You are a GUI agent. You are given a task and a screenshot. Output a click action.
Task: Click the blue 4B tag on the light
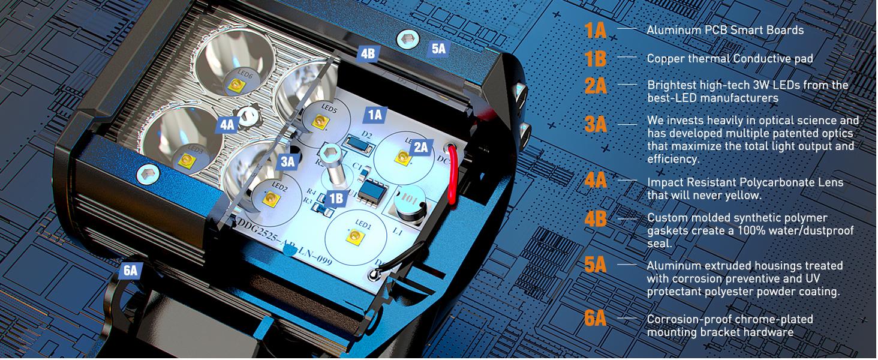367,53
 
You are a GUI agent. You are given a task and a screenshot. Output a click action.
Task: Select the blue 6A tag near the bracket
130,271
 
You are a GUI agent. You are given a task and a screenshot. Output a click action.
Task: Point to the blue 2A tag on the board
420,146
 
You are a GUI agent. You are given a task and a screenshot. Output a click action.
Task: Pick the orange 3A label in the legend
596,124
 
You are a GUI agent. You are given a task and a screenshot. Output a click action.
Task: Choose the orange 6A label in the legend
596,318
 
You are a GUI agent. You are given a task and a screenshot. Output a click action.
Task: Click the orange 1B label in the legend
596,59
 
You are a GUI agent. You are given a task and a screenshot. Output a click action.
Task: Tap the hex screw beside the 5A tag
406,40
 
